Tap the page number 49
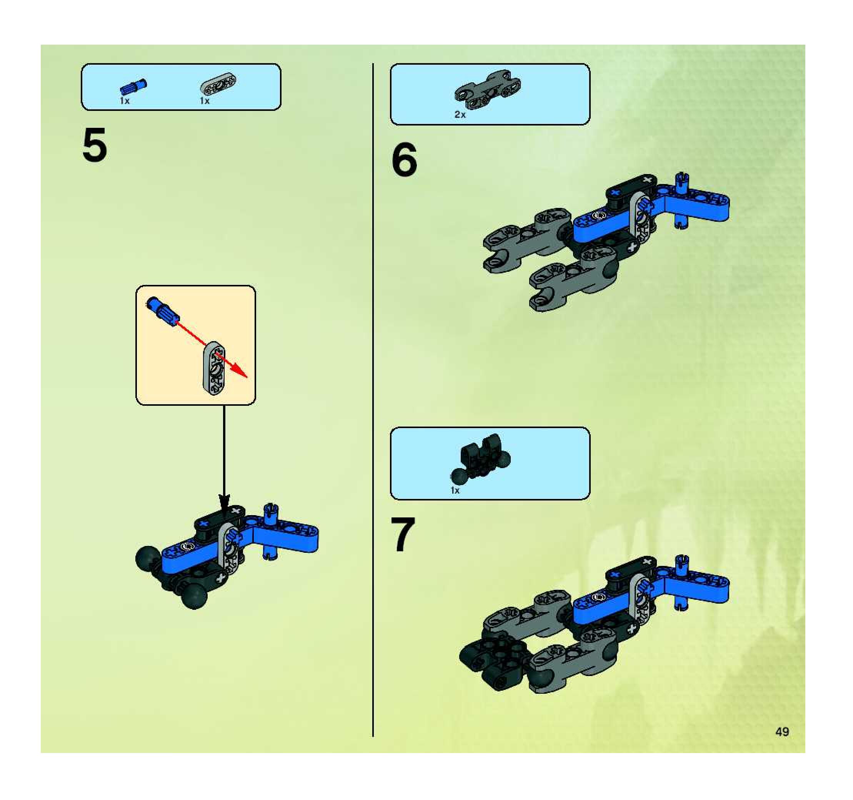(782, 731)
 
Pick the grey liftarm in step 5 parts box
(218, 83)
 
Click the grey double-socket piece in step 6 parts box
(488, 89)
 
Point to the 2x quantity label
(460, 115)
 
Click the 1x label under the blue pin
(125, 101)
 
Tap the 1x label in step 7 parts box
(455, 490)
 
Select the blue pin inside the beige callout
(163, 311)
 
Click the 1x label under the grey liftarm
(205, 101)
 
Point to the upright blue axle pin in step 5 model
(269, 532)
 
